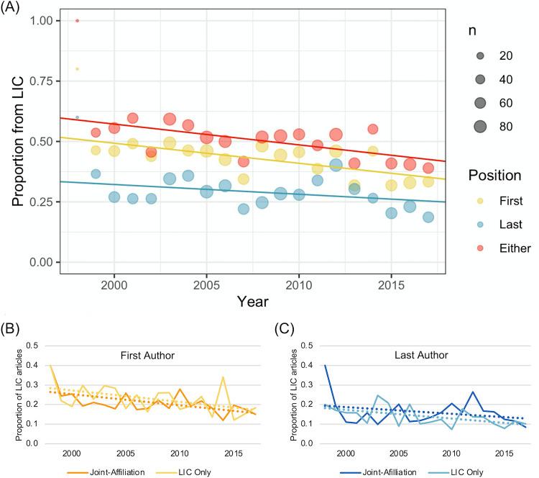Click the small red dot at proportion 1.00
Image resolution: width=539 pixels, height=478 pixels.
pos(77,20)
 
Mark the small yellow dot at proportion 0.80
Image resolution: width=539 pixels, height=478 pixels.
pos(77,69)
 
